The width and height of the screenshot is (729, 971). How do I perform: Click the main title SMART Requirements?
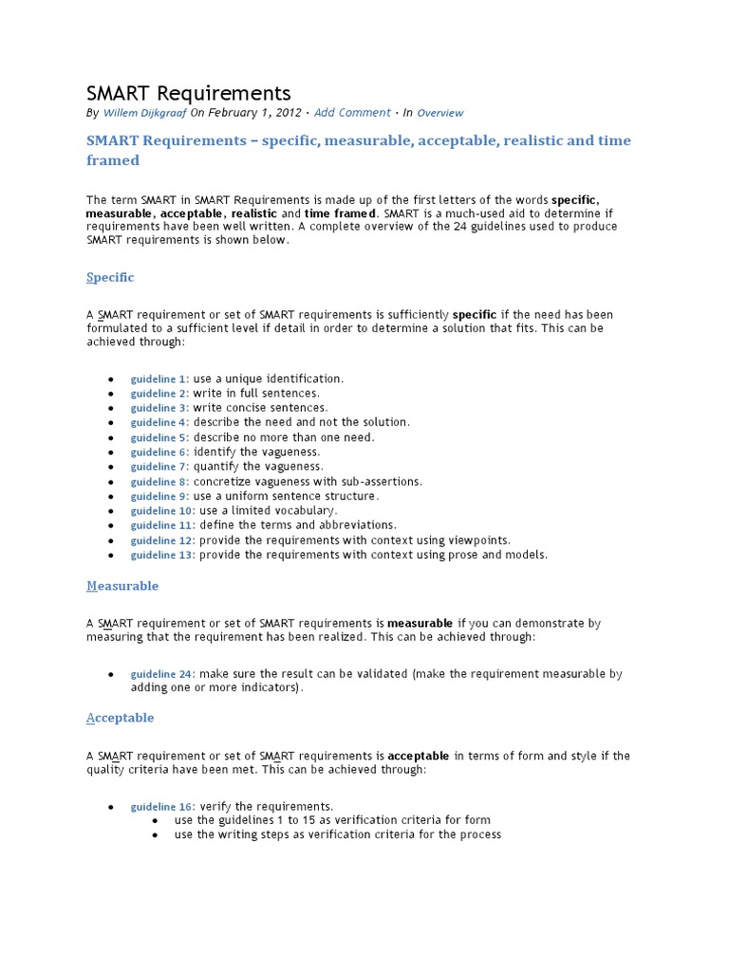click(189, 93)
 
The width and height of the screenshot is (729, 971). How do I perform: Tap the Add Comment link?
click(352, 113)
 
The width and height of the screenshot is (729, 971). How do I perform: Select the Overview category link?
click(440, 113)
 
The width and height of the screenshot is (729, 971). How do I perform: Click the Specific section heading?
click(110, 278)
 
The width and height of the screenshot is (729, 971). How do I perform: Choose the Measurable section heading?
click(122, 586)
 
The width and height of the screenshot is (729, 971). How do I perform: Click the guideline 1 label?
click(159, 379)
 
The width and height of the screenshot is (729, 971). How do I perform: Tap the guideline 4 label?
click(159, 423)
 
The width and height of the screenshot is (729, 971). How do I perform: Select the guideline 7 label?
click(159, 467)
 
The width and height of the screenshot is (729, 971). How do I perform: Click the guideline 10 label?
click(162, 511)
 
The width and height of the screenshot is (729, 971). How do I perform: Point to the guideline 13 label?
click(162, 555)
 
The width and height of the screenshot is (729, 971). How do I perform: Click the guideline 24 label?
click(162, 674)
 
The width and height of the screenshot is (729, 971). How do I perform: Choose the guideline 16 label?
click(162, 807)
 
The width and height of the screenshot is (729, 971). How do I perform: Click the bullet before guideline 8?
click(111, 482)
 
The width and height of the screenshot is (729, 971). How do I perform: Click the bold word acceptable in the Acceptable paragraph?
click(419, 756)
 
